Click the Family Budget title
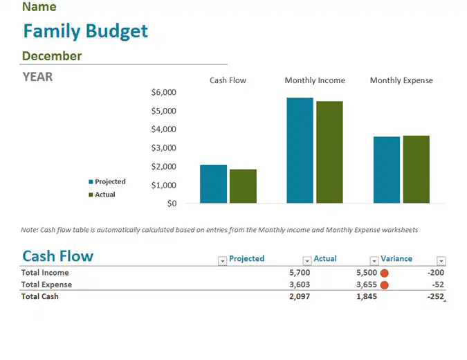click(86, 32)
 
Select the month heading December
click(52, 56)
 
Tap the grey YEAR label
click(37, 77)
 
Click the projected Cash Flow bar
click(213, 184)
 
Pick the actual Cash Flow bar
click(243, 186)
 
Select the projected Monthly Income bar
click(300, 150)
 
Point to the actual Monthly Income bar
click(329, 152)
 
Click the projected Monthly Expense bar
click(387, 170)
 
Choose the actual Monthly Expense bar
click(416, 170)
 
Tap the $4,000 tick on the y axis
click(163, 129)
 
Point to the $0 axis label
click(172, 204)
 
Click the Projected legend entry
click(107, 181)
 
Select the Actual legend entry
click(102, 195)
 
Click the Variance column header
click(396, 258)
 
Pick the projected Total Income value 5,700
click(300, 272)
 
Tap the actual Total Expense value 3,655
click(367, 285)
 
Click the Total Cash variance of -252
click(435, 296)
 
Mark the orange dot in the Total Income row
click(385, 273)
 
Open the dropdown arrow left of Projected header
click(222, 261)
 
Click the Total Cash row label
click(40, 296)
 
